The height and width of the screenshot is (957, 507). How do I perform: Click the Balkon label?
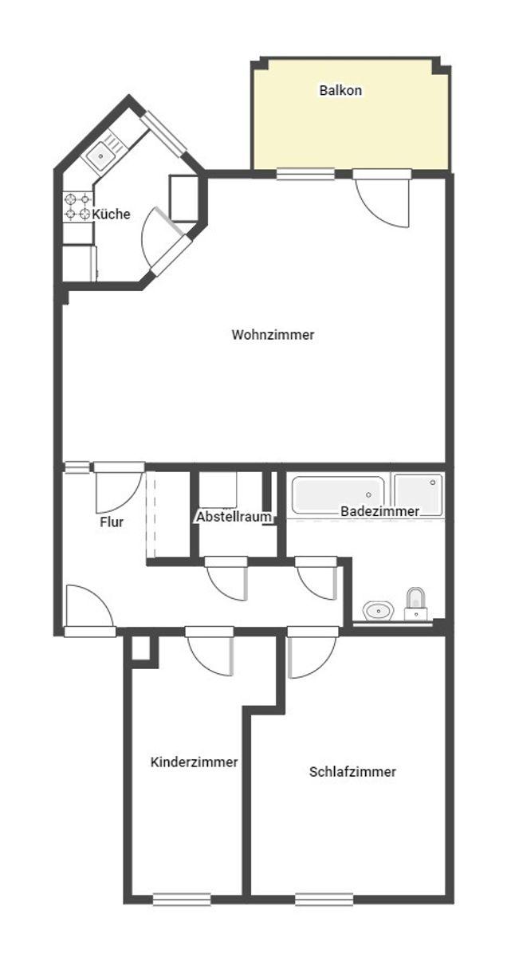pos(340,90)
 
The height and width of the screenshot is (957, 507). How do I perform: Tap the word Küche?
pos(111,214)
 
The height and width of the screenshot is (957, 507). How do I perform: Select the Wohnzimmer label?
pos(273,334)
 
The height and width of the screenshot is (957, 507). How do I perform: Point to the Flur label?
pos(112,522)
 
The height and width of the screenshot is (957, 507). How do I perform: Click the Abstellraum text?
pos(234,517)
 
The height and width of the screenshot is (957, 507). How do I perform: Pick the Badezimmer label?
pos(379,511)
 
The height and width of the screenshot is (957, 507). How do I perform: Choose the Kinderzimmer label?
pos(194,762)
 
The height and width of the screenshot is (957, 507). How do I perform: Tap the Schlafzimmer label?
pos(352,772)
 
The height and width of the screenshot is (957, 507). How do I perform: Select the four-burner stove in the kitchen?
pos(78,207)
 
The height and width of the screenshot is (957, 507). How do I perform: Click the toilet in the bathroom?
pos(416,605)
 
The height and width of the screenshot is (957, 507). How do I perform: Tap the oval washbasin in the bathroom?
pos(379,611)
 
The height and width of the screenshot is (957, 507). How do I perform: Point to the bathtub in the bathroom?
pos(337,494)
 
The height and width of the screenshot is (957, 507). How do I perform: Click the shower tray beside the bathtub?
pos(419,494)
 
